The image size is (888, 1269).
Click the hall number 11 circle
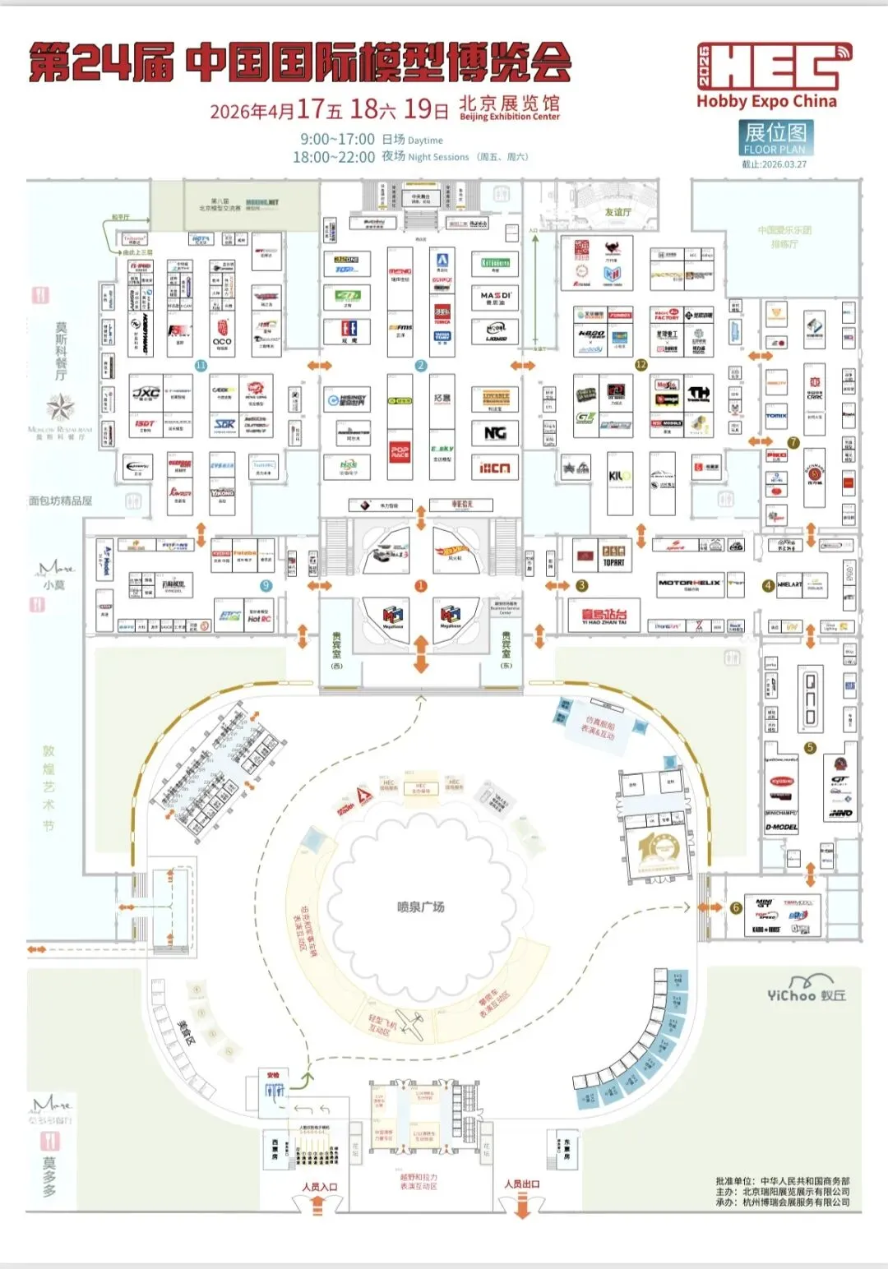point(201,365)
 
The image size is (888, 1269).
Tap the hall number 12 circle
point(641,364)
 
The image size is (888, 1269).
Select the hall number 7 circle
point(793,442)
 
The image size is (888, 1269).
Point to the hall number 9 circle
point(266,585)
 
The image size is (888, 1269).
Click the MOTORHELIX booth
point(689,584)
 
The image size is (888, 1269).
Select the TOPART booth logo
point(613,556)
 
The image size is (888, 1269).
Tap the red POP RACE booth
point(400,453)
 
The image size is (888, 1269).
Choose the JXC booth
point(146,395)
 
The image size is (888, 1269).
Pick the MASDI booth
point(496,297)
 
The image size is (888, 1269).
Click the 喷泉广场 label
point(420,907)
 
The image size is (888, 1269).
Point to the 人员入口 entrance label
point(319,1186)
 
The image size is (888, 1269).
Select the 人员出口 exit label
point(522,1184)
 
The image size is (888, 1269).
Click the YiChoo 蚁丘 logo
point(806,990)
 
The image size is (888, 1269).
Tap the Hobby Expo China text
point(766,102)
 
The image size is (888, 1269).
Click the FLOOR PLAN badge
point(775,138)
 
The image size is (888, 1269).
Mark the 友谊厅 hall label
point(617,212)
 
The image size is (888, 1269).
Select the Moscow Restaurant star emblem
point(60,408)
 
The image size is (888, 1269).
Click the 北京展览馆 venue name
point(509,104)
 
